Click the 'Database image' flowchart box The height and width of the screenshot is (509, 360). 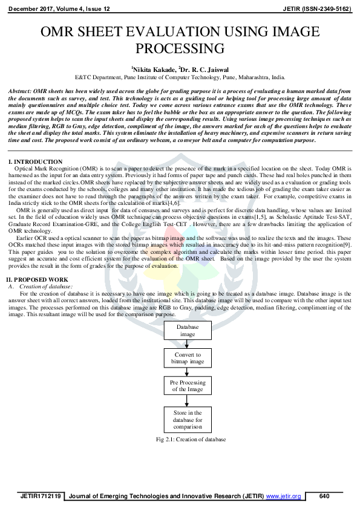pyautogui.click(x=187, y=330)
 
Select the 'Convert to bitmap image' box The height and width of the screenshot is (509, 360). pyautogui.click(x=187, y=358)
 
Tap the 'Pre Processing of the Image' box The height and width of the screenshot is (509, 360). pyautogui.click(x=187, y=386)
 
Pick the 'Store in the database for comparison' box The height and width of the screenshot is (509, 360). pyautogui.click(x=187, y=418)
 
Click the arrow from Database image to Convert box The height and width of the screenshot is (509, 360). pyautogui.click(x=187, y=343)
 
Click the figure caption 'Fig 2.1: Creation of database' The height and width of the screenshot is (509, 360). pyautogui.click(x=187, y=439)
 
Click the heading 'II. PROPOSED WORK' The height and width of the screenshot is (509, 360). pyautogui.click(x=38, y=279)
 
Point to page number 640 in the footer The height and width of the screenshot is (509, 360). pyautogui.click(x=324, y=496)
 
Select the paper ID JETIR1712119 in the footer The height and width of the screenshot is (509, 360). pyautogui.click(x=40, y=496)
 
